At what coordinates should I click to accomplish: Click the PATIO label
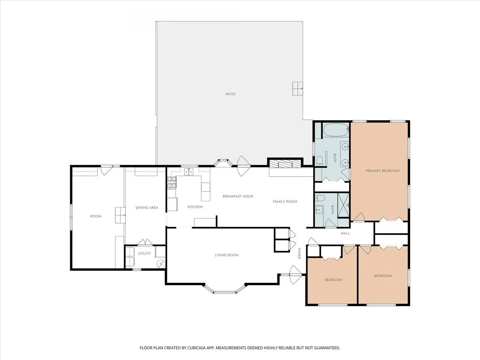tap(230, 94)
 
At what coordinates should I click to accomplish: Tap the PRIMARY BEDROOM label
tap(382, 171)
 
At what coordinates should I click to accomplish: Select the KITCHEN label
tap(195, 207)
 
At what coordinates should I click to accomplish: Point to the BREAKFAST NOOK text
tap(238, 196)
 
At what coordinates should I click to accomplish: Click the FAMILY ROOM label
tap(285, 202)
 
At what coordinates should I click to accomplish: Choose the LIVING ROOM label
tap(226, 255)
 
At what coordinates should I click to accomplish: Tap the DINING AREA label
tap(147, 208)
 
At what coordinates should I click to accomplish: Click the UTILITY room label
tap(144, 254)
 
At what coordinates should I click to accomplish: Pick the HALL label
tap(345, 233)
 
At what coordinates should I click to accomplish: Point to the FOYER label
tap(299, 253)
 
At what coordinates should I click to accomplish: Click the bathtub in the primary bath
tap(336, 130)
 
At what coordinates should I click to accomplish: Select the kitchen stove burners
tap(172, 182)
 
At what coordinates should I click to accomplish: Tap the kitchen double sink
tap(188, 172)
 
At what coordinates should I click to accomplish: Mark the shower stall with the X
tap(343, 205)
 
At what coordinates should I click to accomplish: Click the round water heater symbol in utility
tap(161, 264)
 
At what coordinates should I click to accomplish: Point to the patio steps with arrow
tap(298, 88)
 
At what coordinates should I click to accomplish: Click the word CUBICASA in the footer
tap(196, 348)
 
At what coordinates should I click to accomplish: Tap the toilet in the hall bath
tap(320, 198)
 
